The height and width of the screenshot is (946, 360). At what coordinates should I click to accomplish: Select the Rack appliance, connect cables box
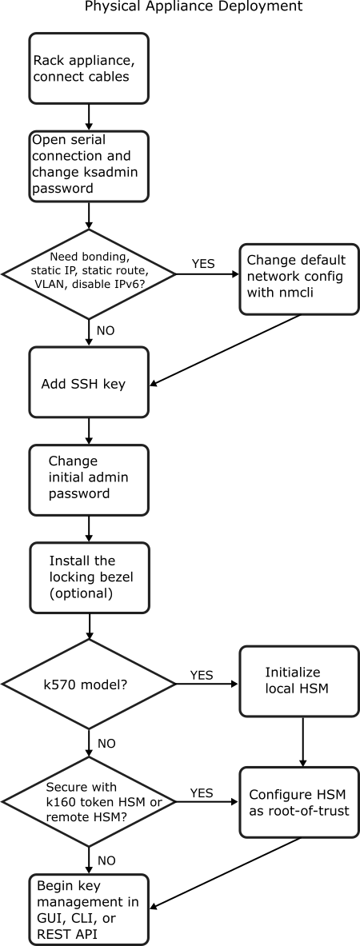click(89, 68)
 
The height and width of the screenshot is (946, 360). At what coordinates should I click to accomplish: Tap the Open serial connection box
click(89, 166)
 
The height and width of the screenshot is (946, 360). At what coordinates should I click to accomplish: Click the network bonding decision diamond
click(89, 273)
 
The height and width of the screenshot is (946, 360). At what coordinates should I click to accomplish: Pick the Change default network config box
click(298, 279)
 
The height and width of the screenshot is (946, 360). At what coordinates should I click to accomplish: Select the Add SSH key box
click(89, 383)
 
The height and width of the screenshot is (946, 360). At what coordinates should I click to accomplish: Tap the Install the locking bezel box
click(89, 578)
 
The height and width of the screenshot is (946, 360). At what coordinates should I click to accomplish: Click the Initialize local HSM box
click(298, 681)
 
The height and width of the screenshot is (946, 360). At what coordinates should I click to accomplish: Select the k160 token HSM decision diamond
click(89, 800)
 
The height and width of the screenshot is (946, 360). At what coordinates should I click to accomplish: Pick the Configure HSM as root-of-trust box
click(298, 802)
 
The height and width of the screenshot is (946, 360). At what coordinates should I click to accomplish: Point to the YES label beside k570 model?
click(202, 674)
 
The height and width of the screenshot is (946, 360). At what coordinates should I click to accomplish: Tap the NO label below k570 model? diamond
click(106, 743)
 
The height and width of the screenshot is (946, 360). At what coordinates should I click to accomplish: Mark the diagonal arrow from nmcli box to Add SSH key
click(226, 350)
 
